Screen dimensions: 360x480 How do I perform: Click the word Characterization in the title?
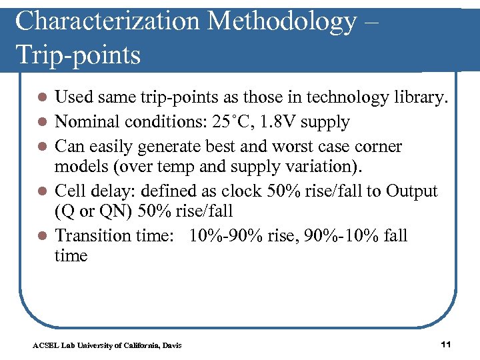click(106, 22)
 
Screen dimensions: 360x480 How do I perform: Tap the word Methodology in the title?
click(282, 22)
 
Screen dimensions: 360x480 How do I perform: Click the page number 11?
click(447, 344)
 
